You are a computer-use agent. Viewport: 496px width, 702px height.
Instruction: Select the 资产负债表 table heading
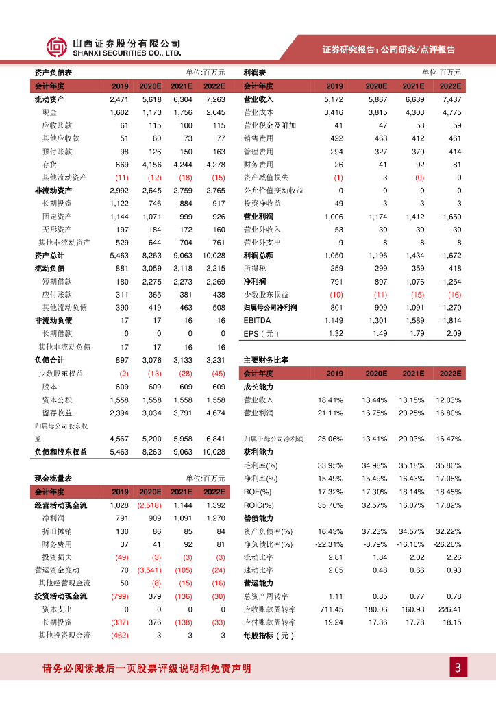point(53,73)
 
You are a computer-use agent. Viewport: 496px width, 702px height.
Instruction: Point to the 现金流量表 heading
point(53,478)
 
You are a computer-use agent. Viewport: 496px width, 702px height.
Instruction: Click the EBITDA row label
point(257,320)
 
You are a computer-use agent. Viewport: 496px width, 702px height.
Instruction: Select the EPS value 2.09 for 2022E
point(454,333)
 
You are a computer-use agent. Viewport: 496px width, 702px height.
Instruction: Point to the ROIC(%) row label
point(258,505)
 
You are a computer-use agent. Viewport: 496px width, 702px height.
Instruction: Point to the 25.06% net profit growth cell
point(330,438)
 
